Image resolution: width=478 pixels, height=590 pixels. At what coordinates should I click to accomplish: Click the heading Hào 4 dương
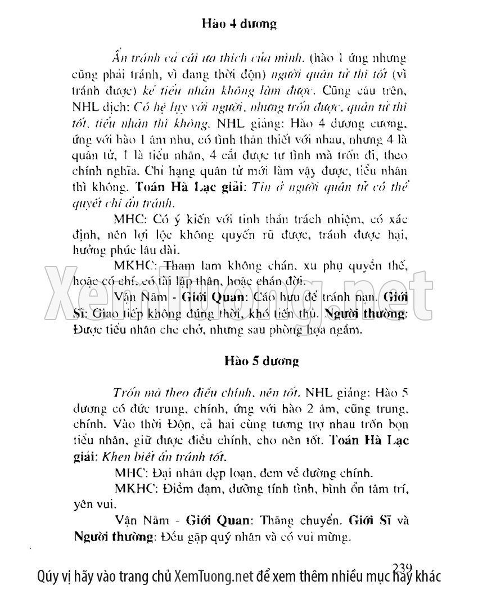pos(238,24)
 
